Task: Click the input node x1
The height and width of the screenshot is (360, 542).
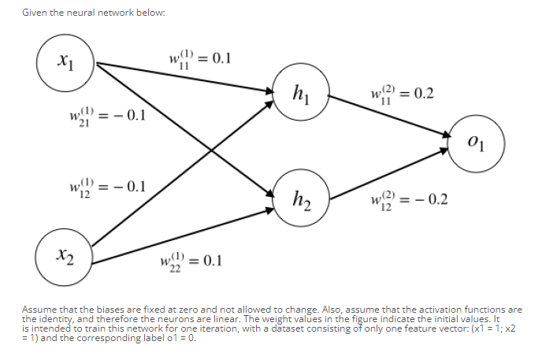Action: pos(65,60)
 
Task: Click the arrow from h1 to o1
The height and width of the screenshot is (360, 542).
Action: pos(387,119)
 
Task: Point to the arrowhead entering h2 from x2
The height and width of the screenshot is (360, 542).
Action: pos(267,210)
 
